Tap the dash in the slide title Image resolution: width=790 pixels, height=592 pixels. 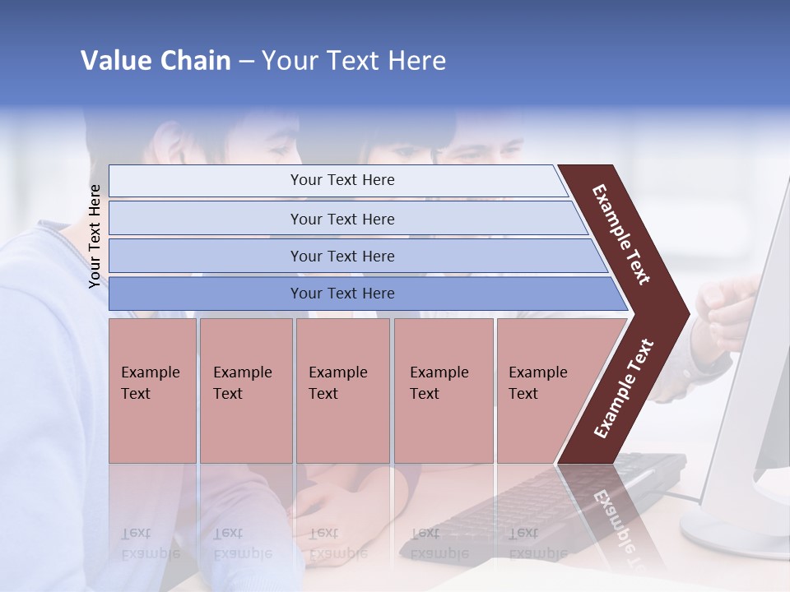tap(246, 62)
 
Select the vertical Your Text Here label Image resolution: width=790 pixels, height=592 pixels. tap(95, 236)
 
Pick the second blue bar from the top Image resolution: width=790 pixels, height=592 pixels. tap(342, 219)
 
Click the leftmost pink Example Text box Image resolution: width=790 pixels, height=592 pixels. tap(152, 391)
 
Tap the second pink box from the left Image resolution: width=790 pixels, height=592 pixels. tap(246, 391)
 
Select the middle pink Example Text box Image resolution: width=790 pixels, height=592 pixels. tap(342, 391)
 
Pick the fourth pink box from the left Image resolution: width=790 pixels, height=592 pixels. tap(444, 391)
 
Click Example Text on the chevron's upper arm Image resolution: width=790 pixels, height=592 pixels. tap(621, 235)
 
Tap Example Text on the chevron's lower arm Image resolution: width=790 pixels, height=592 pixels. tap(624, 388)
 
